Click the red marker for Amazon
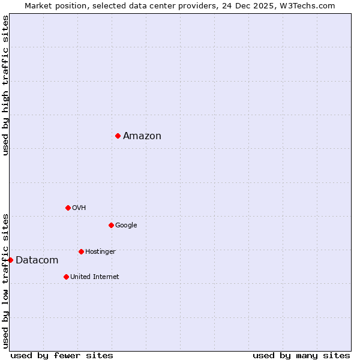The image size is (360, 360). [118, 136]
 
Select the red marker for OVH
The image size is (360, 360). [68, 208]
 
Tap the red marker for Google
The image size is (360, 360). [111, 225]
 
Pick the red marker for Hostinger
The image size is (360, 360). [81, 251]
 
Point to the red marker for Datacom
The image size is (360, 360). [10, 260]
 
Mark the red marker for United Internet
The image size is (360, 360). [66, 277]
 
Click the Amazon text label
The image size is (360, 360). [142, 136]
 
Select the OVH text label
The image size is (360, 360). [79, 208]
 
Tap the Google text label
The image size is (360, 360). [126, 225]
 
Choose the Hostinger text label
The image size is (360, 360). [100, 251]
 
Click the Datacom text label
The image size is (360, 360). [37, 260]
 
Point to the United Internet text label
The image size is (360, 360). [94, 277]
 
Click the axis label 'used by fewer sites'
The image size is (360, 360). [62, 355]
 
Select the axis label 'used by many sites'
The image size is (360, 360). [301, 355]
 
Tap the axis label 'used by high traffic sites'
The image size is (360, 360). [5, 85]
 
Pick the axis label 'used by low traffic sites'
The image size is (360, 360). [5, 280]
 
